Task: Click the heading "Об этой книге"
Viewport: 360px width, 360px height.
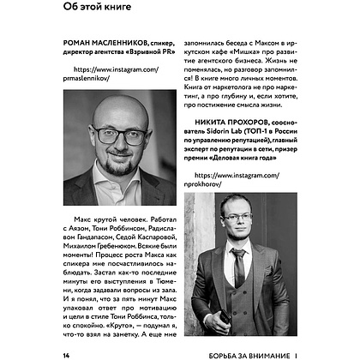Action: [93, 11]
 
